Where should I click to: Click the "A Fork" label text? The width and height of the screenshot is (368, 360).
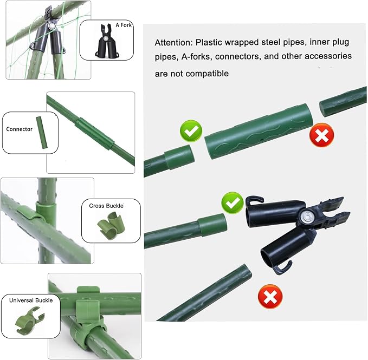coord(124,25)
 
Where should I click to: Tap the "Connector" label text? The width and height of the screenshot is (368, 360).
coord(20,129)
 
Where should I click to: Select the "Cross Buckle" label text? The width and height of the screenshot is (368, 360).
coord(106,206)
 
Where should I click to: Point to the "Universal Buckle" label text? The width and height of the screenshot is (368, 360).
coord(31,300)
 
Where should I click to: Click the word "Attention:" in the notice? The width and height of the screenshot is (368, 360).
coord(173,43)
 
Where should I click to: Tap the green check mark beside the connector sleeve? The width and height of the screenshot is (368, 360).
coord(191,130)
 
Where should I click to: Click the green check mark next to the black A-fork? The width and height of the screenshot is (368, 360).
coord(233,202)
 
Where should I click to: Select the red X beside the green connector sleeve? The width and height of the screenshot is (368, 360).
coord(321,135)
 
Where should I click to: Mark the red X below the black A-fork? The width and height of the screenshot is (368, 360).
coord(270,297)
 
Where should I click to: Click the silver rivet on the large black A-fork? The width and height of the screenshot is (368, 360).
coord(306,216)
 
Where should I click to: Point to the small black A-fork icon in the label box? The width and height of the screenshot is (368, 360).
coord(107,41)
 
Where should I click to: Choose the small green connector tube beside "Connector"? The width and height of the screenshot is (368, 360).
coord(42,133)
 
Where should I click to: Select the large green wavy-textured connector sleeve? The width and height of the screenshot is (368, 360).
coord(259,132)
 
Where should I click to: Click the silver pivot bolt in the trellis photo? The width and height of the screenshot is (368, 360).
coord(52,25)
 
